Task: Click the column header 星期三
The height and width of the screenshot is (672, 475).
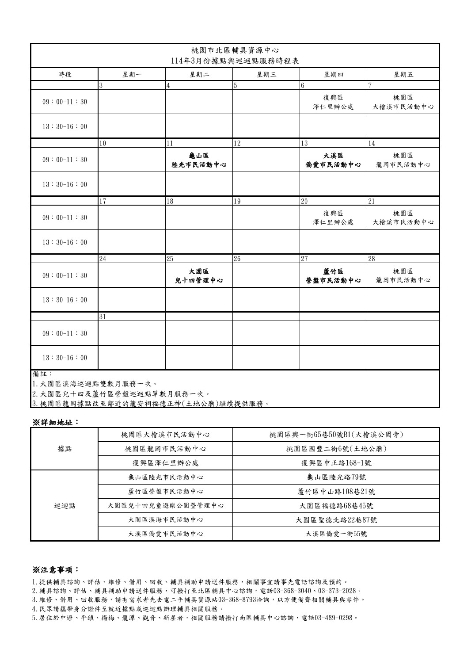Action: click(266, 74)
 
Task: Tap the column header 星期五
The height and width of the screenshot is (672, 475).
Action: click(403, 74)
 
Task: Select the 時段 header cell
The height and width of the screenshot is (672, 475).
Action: click(65, 74)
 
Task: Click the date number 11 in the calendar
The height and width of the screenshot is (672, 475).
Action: click(170, 143)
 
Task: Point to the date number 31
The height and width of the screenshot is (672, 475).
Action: click(103, 317)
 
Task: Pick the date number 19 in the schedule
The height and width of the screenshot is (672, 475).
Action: click(237, 201)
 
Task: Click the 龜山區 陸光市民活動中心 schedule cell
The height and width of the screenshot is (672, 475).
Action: click(198, 160)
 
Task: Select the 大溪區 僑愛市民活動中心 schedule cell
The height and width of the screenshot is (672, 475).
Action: click(333, 160)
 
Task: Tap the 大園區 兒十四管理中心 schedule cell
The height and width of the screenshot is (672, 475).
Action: click(198, 275)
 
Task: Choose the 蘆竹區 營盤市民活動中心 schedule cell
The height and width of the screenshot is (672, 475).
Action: click(333, 275)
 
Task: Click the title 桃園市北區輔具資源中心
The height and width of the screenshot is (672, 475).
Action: click(235, 50)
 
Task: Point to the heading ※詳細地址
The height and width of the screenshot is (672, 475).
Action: click(55, 422)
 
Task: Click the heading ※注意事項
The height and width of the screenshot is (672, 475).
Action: click(55, 569)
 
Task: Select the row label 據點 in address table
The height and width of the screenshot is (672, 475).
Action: click(65, 449)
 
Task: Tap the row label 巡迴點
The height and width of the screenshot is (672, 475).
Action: click(65, 505)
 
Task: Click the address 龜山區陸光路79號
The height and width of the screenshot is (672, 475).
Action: click(336, 477)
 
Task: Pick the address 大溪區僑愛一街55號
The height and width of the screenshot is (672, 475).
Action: click(336, 534)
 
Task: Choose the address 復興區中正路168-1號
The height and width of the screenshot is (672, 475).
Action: click(336, 463)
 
